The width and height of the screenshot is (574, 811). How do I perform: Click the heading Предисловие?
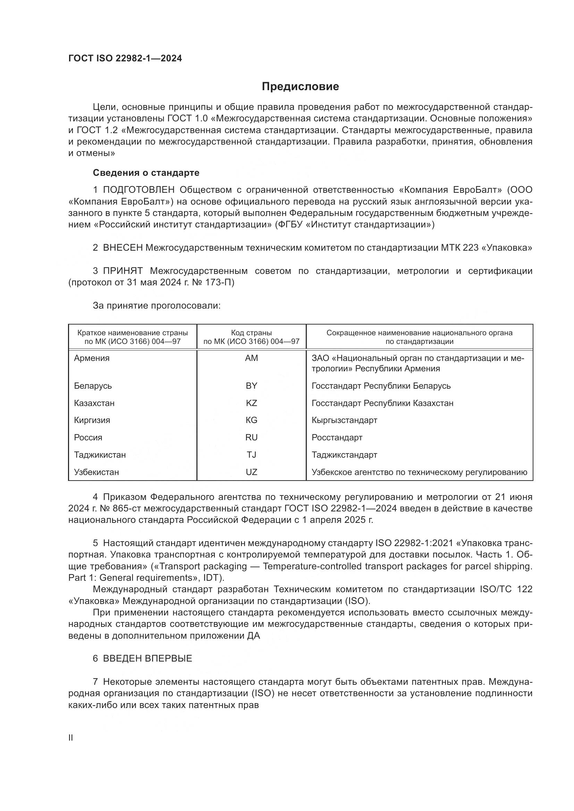click(300, 87)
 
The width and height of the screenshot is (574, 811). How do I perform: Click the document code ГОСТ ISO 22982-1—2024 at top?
click(125, 59)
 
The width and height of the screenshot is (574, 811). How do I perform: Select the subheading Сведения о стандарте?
click(146, 173)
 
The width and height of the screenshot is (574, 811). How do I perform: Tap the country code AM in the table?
click(251, 358)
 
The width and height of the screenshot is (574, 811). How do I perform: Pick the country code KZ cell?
click(251, 403)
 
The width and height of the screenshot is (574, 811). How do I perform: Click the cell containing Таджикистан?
click(100, 455)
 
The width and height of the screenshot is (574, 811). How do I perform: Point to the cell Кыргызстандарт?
click(344, 420)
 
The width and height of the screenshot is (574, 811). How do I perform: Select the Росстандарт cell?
click(337, 438)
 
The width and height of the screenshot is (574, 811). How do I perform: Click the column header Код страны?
click(251, 333)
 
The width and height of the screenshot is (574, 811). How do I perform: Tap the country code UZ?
click(251, 472)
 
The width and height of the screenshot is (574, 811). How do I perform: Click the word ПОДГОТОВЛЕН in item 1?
click(138, 190)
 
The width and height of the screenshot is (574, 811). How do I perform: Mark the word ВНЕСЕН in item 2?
click(123, 248)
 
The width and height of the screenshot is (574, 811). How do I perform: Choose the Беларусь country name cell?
click(93, 386)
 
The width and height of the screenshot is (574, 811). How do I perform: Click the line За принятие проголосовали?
click(157, 305)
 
